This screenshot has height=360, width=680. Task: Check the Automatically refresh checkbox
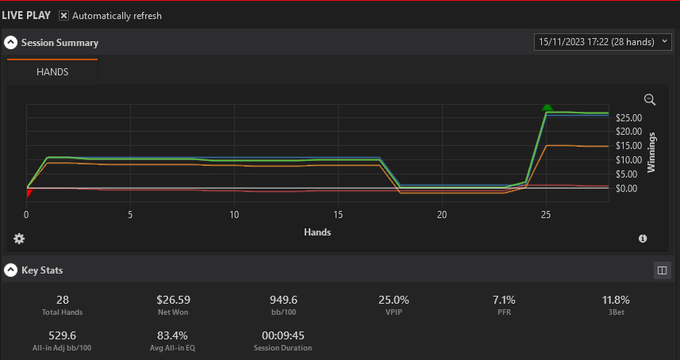pos(63,16)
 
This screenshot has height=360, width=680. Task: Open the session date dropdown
pos(603,42)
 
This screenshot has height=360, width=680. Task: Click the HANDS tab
pos(52,72)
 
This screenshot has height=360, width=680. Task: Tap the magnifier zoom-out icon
pos(650,100)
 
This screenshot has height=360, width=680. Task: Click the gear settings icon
pos(19,239)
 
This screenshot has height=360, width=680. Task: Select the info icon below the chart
pos(643,239)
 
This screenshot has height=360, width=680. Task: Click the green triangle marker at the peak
pos(547,107)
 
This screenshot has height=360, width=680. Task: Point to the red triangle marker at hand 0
pos(29,193)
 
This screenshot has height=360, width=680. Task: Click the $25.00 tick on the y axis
pos(629,118)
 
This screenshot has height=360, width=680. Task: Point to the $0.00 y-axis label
pos(628,189)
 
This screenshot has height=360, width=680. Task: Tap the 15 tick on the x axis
pos(338,215)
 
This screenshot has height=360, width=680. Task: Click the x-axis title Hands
pos(317,232)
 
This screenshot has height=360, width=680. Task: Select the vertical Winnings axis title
pos(651,152)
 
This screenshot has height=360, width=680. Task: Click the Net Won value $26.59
pos(174,300)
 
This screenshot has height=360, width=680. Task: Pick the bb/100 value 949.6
pos(283,300)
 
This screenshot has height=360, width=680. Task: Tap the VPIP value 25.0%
pos(394,300)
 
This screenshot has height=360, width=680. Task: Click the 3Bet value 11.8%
pos(616,300)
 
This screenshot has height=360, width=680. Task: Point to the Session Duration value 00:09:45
pos(282,335)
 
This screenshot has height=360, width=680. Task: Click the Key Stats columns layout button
pos(663,270)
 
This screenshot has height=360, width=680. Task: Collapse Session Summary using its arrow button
pos(11,43)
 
